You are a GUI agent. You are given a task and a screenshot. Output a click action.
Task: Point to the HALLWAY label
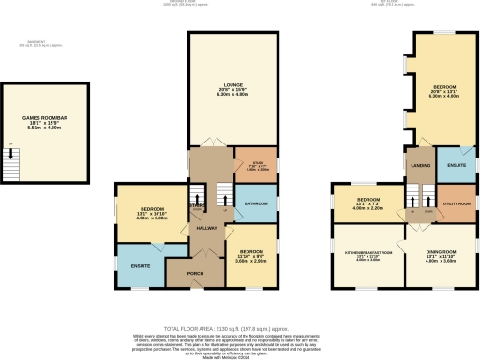206,228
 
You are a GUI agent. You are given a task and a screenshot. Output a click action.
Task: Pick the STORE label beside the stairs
196,205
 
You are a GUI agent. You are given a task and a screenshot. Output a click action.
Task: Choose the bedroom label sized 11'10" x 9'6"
251,252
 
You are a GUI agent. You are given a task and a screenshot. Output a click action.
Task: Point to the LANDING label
421,166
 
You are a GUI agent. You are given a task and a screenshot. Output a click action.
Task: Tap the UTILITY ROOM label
457,202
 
